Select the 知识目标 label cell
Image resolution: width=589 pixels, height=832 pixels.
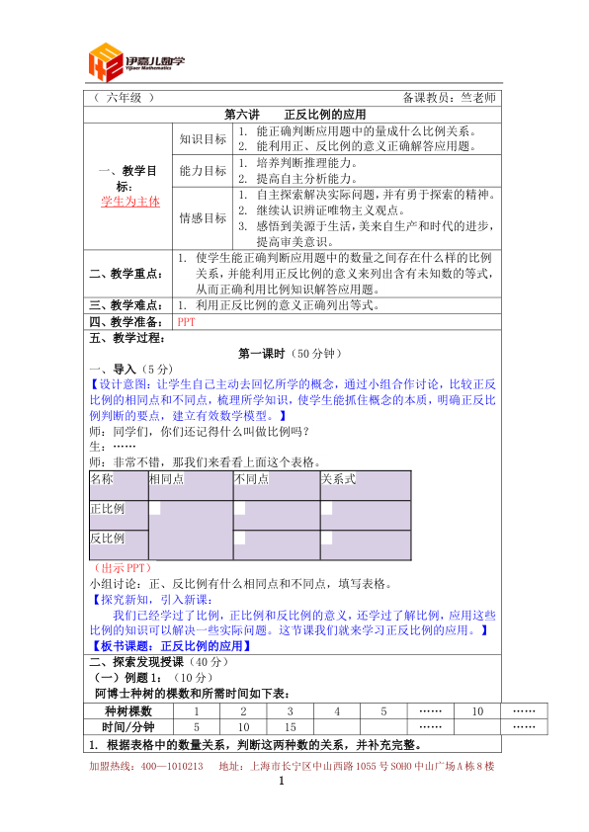[x=203, y=138]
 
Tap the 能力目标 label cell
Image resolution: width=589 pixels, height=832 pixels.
[x=203, y=171]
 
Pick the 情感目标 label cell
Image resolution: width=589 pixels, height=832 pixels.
[x=203, y=217]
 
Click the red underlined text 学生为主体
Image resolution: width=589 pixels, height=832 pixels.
[x=129, y=201]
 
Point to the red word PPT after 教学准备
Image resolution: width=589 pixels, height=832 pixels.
[x=186, y=321]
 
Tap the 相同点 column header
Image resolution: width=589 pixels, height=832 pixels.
[x=165, y=479]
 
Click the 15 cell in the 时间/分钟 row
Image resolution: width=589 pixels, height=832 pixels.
[x=291, y=727]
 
